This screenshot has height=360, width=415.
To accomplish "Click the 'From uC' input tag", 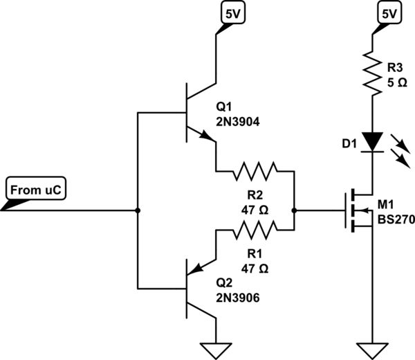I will (36, 189).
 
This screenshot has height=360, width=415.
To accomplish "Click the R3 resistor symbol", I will (373, 73).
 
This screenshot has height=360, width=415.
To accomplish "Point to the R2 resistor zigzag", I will (256, 170).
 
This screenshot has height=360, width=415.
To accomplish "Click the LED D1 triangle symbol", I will (373, 142).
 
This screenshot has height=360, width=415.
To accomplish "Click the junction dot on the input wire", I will (138, 210).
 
